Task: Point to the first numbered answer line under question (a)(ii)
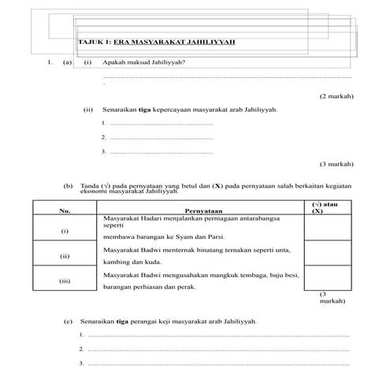click(158, 124)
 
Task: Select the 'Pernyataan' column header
click(204, 210)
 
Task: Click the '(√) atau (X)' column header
click(325, 207)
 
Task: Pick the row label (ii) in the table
click(65, 256)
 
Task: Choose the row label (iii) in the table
click(65, 280)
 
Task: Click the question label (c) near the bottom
click(69, 321)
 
